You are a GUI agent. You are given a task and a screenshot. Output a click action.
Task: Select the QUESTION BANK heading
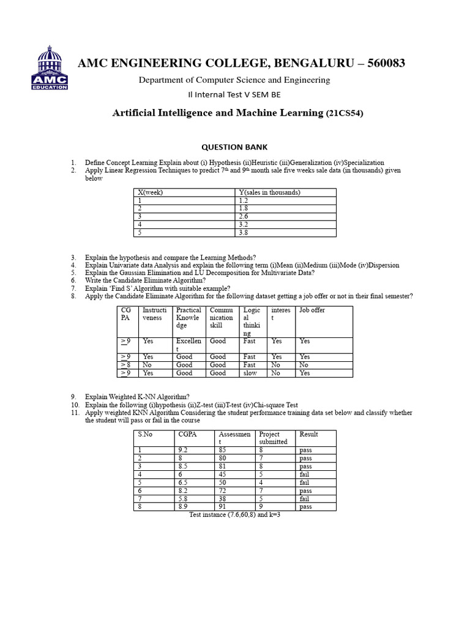point(234,147)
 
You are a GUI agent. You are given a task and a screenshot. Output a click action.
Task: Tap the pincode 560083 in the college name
point(383,64)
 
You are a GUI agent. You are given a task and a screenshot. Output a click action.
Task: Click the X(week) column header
point(151,192)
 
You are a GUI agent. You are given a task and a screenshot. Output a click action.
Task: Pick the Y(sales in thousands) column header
point(269,192)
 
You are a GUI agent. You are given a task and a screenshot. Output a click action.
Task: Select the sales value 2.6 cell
point(244,216)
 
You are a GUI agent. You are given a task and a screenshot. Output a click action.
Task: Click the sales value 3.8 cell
point(244,233)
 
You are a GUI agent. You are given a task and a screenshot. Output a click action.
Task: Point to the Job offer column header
point(312,310)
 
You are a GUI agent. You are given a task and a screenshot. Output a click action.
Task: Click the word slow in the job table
point(250,373)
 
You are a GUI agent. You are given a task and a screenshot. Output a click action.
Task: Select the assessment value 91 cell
point(222,506)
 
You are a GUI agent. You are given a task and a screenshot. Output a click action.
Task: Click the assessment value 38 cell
point(222,498)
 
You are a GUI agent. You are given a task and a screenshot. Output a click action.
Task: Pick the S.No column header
point(145,434)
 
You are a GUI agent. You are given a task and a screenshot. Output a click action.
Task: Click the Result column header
point(308,434)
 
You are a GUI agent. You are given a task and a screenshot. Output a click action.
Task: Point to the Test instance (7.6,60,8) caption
point(235,515)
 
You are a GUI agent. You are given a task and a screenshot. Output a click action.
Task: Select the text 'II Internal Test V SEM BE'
point(234,95)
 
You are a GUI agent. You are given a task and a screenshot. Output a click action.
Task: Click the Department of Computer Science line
point(234,80)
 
